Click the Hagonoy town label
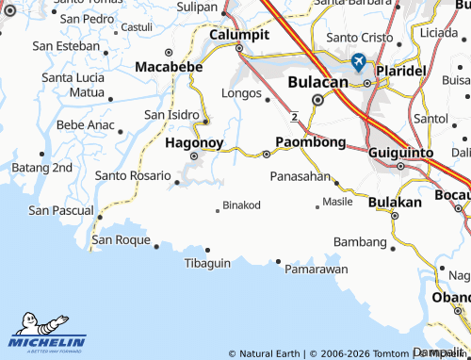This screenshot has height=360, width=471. [194, 143]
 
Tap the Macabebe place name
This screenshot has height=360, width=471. [169, 67]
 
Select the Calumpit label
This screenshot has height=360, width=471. [239, 34]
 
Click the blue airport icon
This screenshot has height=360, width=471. [358, 62]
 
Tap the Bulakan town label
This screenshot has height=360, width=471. [395, 202]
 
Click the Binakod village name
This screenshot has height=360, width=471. [241, 205]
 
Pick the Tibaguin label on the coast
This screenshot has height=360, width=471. [207, 262]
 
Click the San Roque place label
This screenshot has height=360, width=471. [121, 240]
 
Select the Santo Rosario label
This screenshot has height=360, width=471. [132, 174]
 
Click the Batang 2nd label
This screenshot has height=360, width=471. [41, 167]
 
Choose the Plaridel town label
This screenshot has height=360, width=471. [401, 71]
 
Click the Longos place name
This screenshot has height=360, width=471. [240, 94]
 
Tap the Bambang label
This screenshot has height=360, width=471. [361, 242]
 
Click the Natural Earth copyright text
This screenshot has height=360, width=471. [269, 353]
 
